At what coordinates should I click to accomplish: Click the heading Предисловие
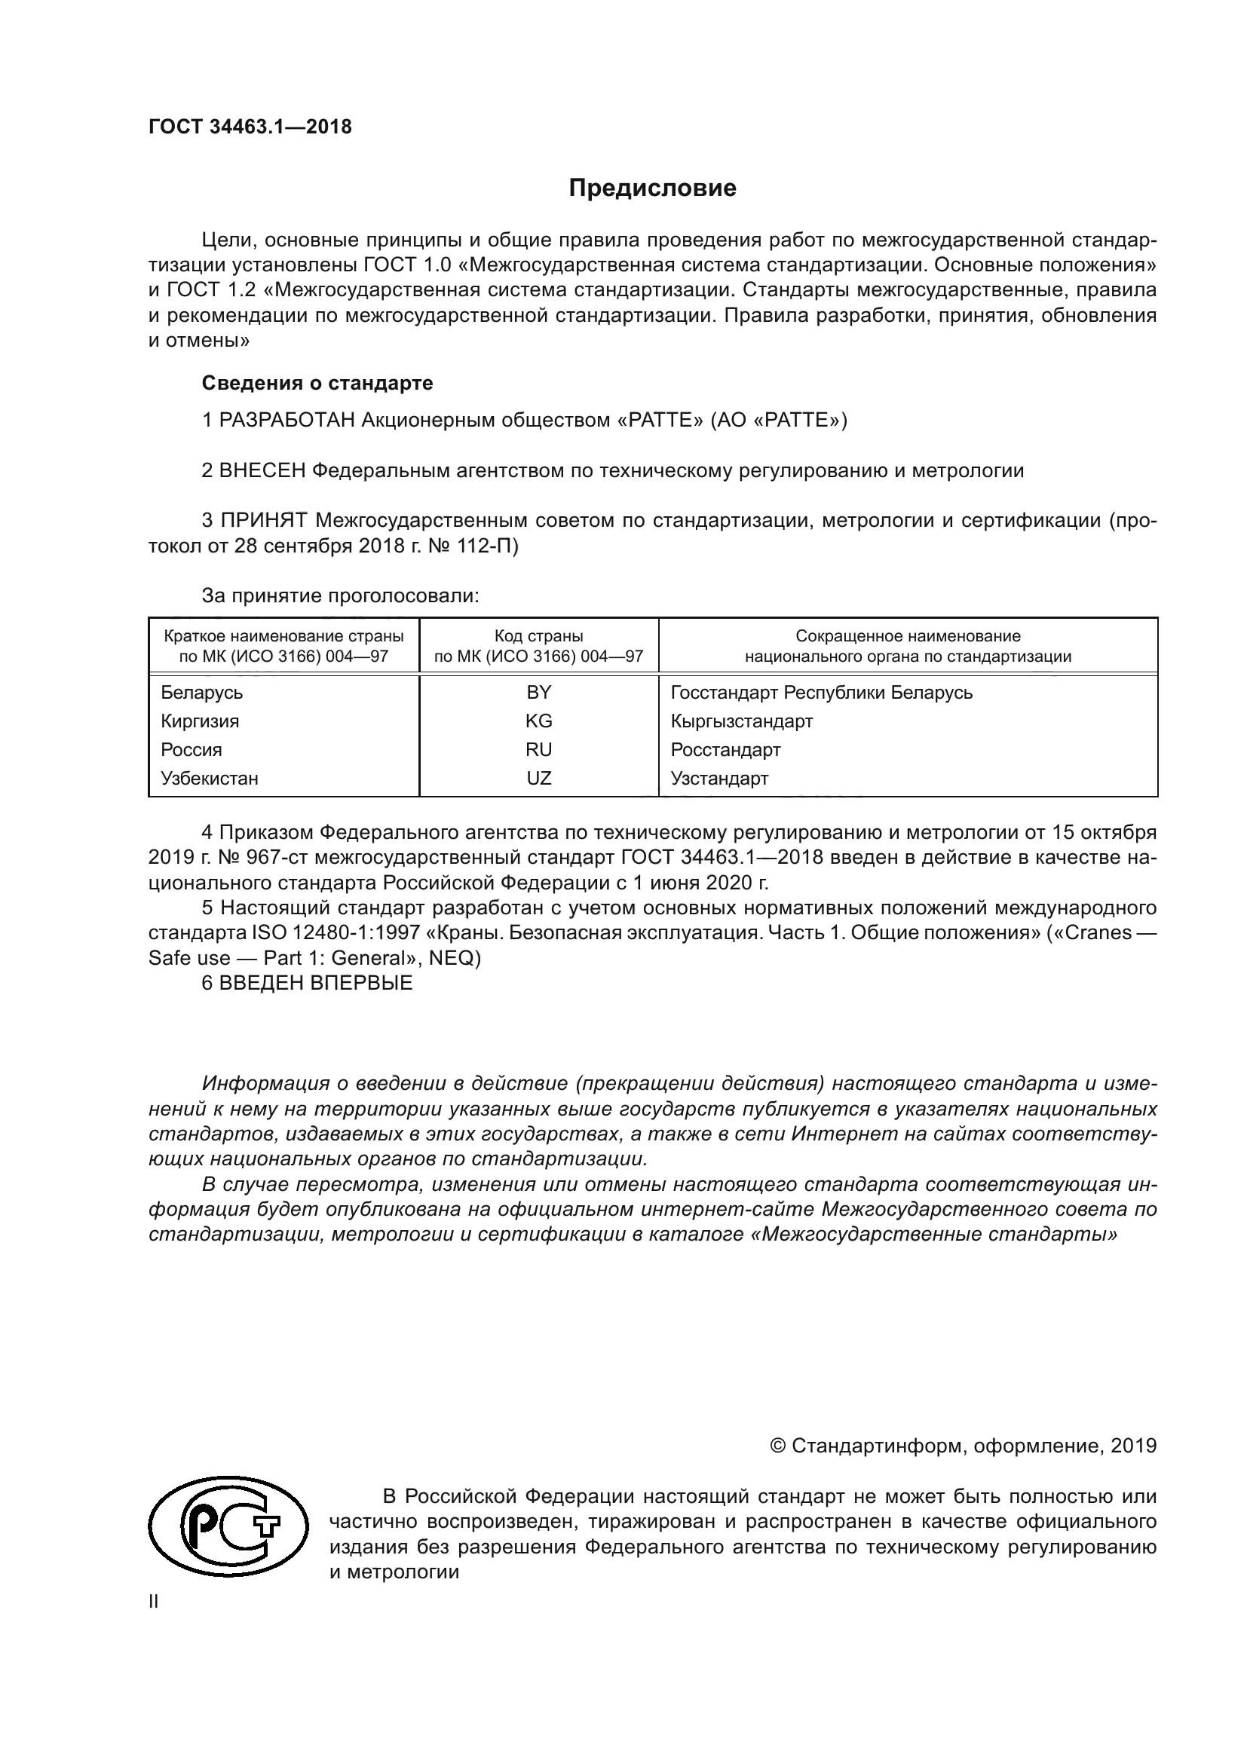point(652,188)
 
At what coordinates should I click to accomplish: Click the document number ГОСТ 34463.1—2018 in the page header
point(250,127)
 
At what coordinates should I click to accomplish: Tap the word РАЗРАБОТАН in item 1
point(287,420)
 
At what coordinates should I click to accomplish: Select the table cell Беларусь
point(202,693)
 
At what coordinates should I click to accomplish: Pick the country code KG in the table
point(538,721)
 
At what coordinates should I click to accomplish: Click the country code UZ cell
point(538,778)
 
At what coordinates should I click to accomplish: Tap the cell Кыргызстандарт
point(742,721)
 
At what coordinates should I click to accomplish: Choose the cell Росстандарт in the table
point(725,749)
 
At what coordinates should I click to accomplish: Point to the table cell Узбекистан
point(210,778)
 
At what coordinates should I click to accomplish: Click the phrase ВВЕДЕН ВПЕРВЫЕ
point(316,983)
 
